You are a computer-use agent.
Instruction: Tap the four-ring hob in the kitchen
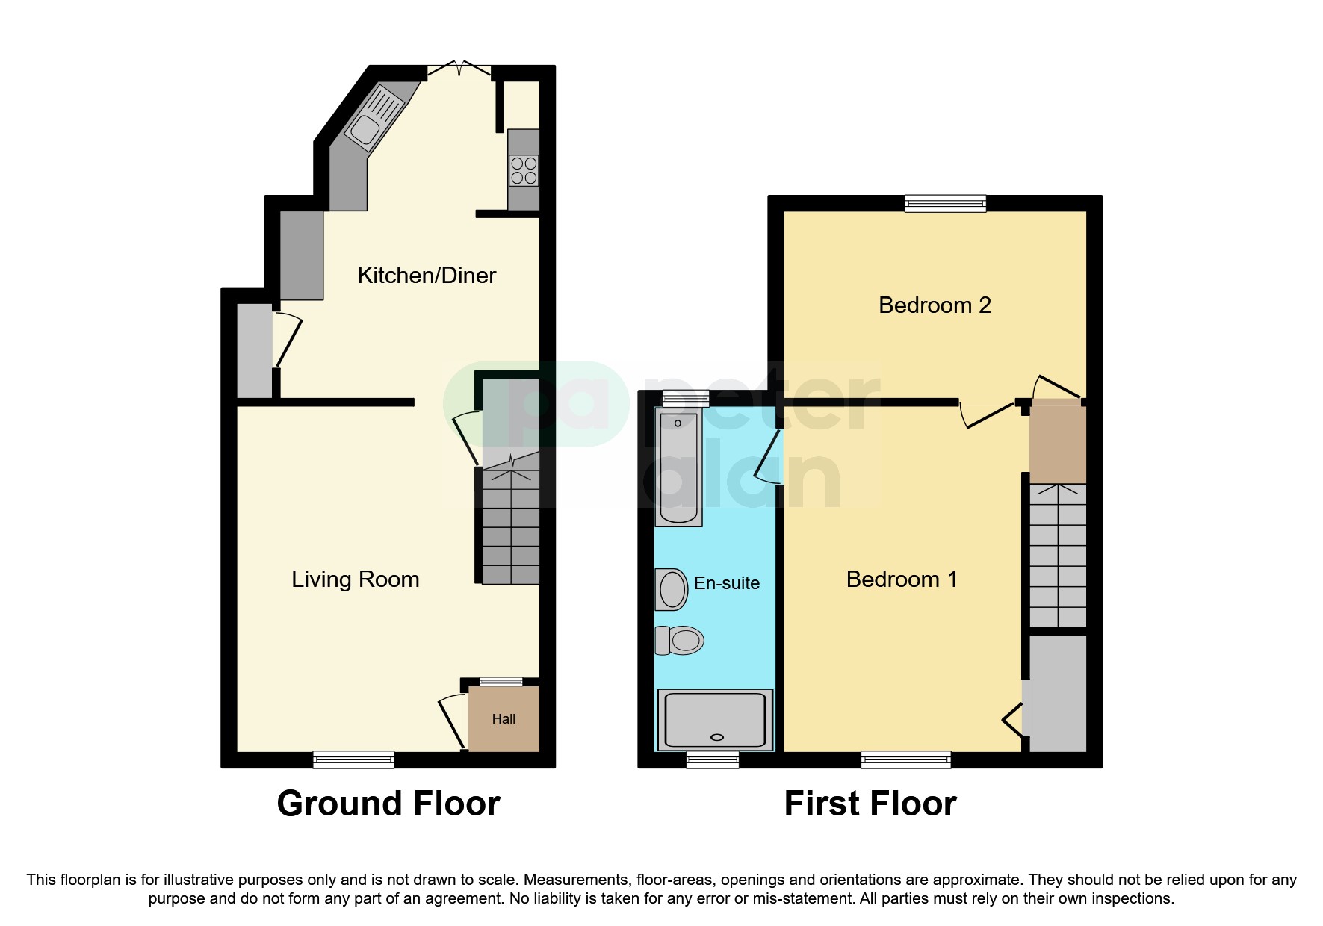[x=523, y=170]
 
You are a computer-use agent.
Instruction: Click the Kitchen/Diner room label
[x=427, y=275]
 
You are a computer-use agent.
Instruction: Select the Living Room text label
[x=355, y=579]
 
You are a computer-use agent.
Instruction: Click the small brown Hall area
[x=504, y=718]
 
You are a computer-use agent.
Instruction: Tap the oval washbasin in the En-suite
[x=672, y=589]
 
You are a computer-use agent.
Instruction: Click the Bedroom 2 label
[x=935, y=305]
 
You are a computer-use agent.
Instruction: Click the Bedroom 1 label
[x=901, y=579]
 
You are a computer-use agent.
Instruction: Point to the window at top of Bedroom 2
[x=945, y=202]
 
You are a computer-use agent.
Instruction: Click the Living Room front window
[x=353, y=759]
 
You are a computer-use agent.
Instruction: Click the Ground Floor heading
[x=388, y=804]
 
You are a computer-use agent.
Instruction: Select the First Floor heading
[x=870, y=804]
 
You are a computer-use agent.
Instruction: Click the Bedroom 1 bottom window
[x=905, y=759]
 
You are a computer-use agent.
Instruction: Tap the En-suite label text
[x=726, y=583]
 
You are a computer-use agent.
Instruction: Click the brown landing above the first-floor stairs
[x=1057, y=442]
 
